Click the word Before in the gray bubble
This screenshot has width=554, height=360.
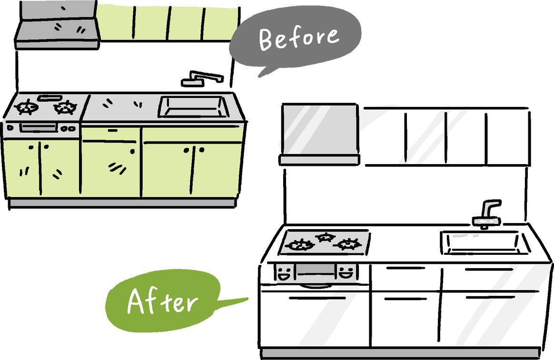[x=299, y=38]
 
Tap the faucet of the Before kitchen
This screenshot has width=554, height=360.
[x=202, y=79]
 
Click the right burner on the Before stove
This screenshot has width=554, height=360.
[x=65, y=107]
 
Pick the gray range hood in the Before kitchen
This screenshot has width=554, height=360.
[x=57, y=25]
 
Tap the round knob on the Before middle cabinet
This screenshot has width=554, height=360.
[x=132, y=151]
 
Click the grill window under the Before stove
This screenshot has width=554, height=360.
[x=39, y=127]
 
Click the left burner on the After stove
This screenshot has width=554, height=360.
[x=300, y=244]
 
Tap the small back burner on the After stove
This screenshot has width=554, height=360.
[x=326, y=237]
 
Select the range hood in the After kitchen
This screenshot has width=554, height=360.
[x=319, y=134]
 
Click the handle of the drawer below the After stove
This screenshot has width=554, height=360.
[x=317, y=298]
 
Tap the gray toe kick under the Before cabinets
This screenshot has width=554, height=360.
[x=122, y=203]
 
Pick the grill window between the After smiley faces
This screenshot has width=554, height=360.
[x=315, y=270]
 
